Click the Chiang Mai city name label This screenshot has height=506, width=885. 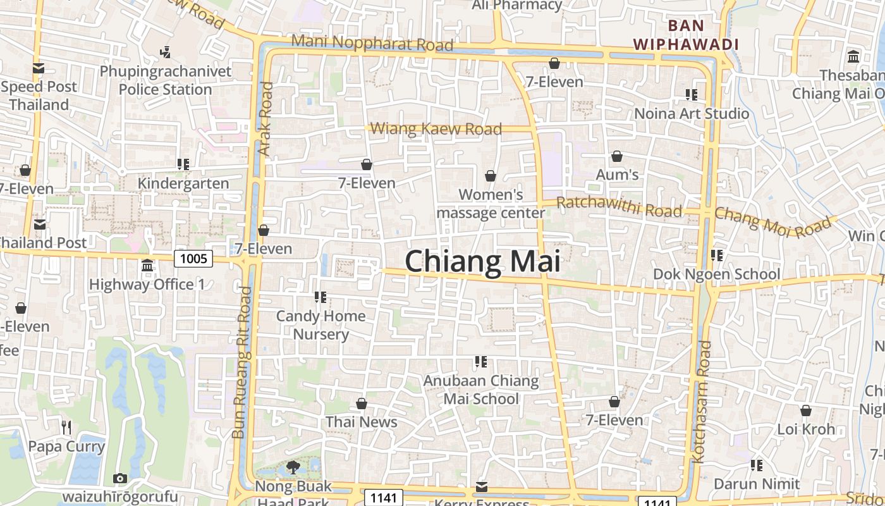pyautogui.click(x=482, y=261)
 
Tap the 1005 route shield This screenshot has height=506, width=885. pyautogui.click(x=193, y=258)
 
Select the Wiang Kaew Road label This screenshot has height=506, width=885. pyautogui.click(x=436, y=129)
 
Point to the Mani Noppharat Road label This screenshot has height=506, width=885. pyautogui.click(x=373, y=44)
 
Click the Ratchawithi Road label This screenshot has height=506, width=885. pyautogui.click(x=619, y=207)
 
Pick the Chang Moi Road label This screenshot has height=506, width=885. pyautogui.click(x=772, y=223)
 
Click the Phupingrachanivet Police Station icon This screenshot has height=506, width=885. pyautogui.click(x=166, y=52)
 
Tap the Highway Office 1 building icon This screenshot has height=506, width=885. pyautogui.click(x=147, y=266)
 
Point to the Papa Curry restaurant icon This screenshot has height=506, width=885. pyautogui.click(x=66, y=428)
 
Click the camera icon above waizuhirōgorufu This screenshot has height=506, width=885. pyautogui.click(x=120, y=478)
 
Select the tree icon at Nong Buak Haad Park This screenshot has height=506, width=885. pyautogui.click(x=293, y=467)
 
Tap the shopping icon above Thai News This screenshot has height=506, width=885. pyautogui.click(x=362, y=404)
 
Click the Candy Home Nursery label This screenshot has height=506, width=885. pyautogui.click(x=321, y=325)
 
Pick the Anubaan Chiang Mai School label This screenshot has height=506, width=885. pyautogui.click(x=481, y=390)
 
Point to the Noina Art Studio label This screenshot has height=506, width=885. pyautogui.click(x=692, y=114)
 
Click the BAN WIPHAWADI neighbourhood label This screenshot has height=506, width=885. pyautogui.click(x=686, y=35)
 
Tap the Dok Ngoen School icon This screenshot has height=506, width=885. pyautogui.click(x=717, y=256)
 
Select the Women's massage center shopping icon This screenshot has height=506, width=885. pyautogui.click(x=491, y=176)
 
